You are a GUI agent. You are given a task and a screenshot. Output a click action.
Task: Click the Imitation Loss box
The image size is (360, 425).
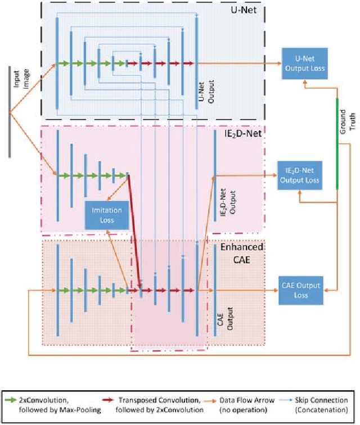106,215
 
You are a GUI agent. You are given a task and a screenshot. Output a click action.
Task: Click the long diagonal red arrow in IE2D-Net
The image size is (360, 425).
134,230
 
